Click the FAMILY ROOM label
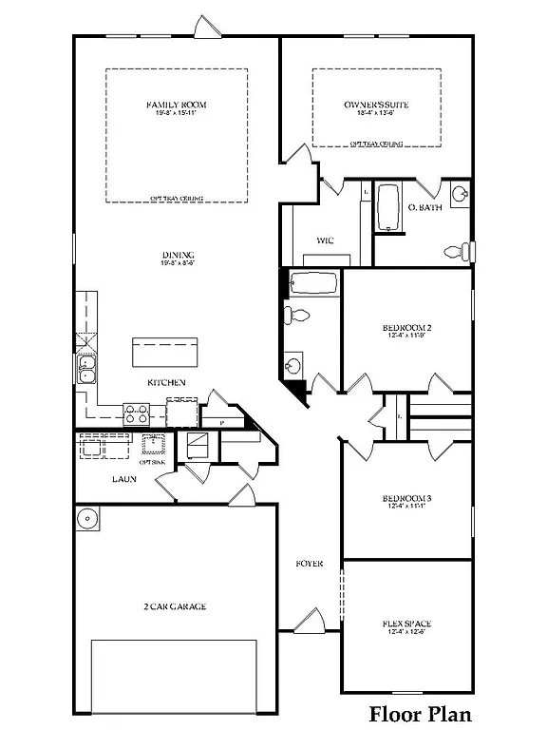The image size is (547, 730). pos(176,105)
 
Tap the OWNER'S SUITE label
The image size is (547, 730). pos(376,105)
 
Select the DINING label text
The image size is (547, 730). pos(178,255)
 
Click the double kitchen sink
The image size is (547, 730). pos(86,370)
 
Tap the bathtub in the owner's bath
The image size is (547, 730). pos(387,208)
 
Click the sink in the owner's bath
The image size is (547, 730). pos(460,195)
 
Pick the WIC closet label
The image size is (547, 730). pos(325,240)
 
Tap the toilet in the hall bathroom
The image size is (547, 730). pos(294,316)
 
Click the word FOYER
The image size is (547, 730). pos(309,564)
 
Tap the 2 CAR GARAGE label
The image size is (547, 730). pos(175,606)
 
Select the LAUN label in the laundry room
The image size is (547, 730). pos(123,479)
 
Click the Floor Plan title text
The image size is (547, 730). pos(420,713)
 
